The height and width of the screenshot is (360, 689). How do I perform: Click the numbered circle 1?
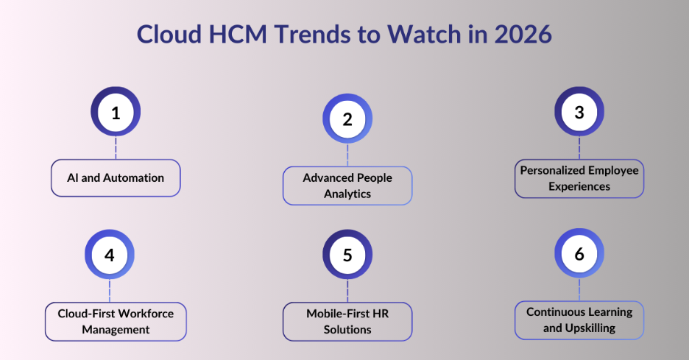point(116,113)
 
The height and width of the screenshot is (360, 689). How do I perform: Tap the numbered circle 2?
point(347,119)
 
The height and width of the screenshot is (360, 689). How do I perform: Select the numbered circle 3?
point(579,112)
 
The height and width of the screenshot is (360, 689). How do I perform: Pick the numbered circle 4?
point(110,255)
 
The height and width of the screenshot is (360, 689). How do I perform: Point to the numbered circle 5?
point(347,255)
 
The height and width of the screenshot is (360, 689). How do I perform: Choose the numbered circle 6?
point(579,254)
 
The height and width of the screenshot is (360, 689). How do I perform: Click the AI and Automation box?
point(116,178)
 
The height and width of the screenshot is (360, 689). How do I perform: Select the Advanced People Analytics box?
point(347,186)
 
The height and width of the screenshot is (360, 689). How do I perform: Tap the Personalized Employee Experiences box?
point(579,179)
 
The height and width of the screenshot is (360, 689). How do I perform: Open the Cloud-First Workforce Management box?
point(116,321)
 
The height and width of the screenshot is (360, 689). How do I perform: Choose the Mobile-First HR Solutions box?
point(347,321)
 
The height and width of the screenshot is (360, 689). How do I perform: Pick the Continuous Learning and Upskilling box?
point(579,320)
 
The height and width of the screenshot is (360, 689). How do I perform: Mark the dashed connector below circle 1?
point(116,149)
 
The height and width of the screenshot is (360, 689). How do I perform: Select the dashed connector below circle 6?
point(579,290)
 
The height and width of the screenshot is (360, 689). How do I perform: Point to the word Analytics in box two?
point(347,194)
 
